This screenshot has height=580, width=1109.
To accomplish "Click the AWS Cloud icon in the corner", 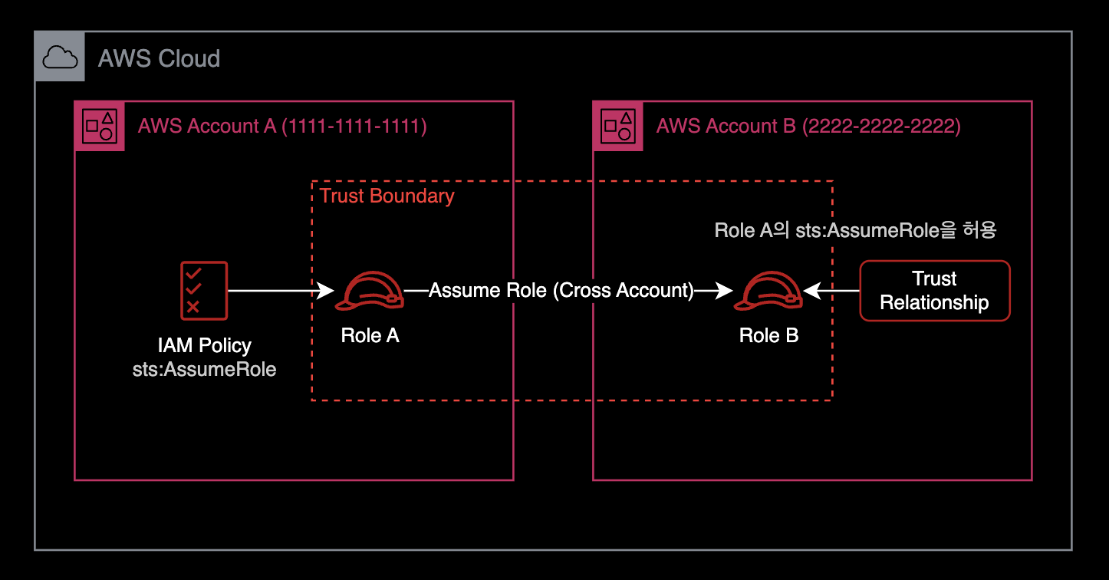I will (59, 57).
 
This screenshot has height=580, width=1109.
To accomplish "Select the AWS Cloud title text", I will (159, 58).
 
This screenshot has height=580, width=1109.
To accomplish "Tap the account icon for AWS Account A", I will (100, 126).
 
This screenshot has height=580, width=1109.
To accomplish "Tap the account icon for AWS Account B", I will (617, 126).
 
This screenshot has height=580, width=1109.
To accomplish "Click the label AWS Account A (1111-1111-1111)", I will (282, 126).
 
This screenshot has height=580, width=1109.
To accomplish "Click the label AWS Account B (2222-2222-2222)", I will (808, 126).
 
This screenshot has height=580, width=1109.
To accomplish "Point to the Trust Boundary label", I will (387, 196).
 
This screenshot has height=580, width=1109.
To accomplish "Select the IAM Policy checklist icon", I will (204, 290).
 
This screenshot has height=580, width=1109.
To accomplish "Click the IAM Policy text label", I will (204, 346).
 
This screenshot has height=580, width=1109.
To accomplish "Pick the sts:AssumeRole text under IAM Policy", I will (204, 369).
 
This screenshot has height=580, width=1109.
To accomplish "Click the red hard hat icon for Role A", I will (370, 292).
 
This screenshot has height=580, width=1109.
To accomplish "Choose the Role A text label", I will (370, 335).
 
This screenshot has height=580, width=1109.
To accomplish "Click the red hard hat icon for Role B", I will (768, 292).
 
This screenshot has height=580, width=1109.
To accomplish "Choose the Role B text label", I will (768, 335).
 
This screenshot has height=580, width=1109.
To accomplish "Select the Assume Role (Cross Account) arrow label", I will (561, 291).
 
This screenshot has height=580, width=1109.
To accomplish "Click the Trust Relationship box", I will (934, 291).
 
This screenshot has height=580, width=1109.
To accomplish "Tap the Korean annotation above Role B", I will (855, 230).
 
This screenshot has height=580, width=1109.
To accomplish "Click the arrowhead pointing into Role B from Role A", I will (724, 291).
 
